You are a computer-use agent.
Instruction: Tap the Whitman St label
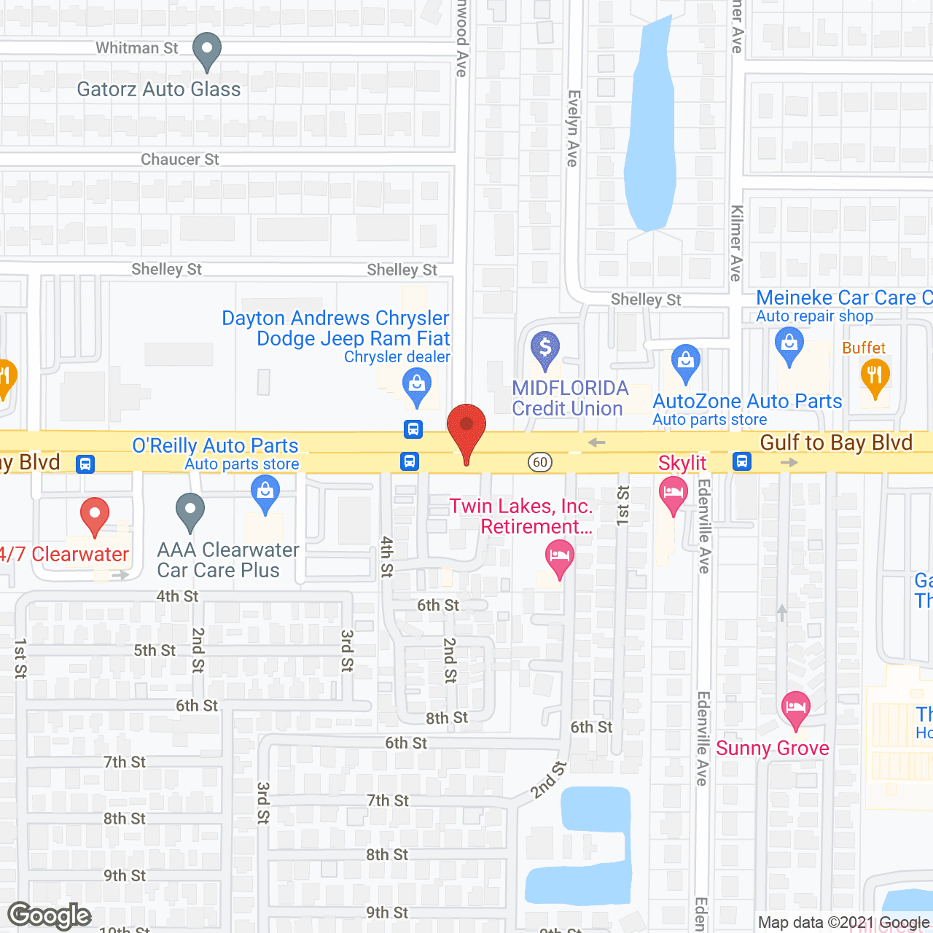[137, 48]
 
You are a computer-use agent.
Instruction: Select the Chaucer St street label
[180, 160]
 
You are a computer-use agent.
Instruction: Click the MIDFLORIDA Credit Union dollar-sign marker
[544, 348]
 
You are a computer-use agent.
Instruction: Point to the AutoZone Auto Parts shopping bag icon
[685, 362]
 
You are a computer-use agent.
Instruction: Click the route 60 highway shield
[540, 462]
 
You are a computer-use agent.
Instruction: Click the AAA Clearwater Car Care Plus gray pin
[190, 511]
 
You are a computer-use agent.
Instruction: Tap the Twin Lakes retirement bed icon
[559, 558]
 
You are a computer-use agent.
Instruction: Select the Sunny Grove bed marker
[795, 708]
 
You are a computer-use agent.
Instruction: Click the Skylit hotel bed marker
[673, 494]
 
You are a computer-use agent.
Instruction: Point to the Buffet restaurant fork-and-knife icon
[875, 377]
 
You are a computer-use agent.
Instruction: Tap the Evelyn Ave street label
[574, 128]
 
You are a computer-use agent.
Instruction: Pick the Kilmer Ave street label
[736, 243]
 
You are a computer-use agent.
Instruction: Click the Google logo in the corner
[50, 916]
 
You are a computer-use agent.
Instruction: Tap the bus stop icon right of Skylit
[742, 461]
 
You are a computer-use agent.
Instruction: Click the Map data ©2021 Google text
[843, 923]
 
